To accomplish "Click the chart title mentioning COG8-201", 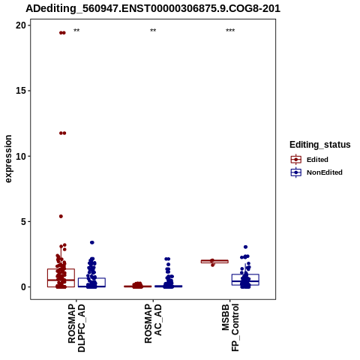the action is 153,8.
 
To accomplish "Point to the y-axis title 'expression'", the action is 8,159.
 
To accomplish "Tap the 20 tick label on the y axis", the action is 21,25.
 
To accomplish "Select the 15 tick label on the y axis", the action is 21,91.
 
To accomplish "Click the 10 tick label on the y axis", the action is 21,156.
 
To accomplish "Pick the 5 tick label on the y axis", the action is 23,221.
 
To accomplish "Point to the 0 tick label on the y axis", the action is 23,287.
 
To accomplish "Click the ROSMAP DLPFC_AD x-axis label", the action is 76,328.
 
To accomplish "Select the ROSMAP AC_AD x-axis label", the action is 153,323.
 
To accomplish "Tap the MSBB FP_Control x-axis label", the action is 230,328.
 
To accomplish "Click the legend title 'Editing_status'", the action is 320,145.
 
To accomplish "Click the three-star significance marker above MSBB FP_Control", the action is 230,31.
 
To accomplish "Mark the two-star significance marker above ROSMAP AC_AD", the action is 153,31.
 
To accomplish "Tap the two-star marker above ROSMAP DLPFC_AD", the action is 76,31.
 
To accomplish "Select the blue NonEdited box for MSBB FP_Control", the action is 245,274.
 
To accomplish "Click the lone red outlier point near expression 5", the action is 61,216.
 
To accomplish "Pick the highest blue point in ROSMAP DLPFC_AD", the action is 92,242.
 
